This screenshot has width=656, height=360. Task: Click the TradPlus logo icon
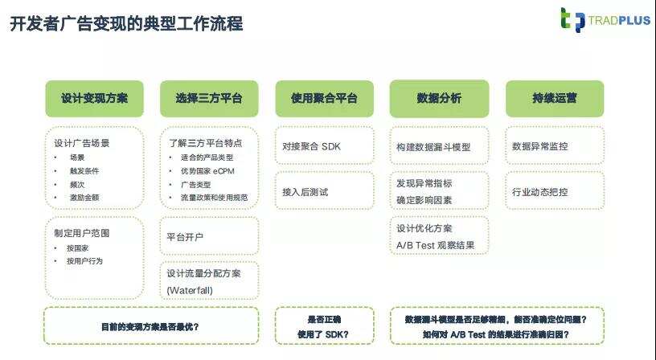pos(572,19)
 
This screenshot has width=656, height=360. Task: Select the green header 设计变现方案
pos(94,98)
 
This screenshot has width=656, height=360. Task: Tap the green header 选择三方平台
pos(209,98)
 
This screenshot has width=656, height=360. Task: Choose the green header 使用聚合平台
pos(324,98)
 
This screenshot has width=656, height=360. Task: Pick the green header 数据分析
pos(439,98)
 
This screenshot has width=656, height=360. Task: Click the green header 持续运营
pos(554,98)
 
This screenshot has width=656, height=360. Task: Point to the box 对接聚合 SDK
pos(324,146)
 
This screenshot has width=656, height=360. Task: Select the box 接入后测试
pos(324,192)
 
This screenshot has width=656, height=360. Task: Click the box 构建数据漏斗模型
pos(439,147)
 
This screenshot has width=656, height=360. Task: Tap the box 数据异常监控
pos(554,146)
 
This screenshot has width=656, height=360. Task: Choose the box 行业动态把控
pos(554,192)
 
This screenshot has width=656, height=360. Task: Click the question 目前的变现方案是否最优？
pos(150,326)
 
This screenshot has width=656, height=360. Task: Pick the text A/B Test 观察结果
pos(435,245)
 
